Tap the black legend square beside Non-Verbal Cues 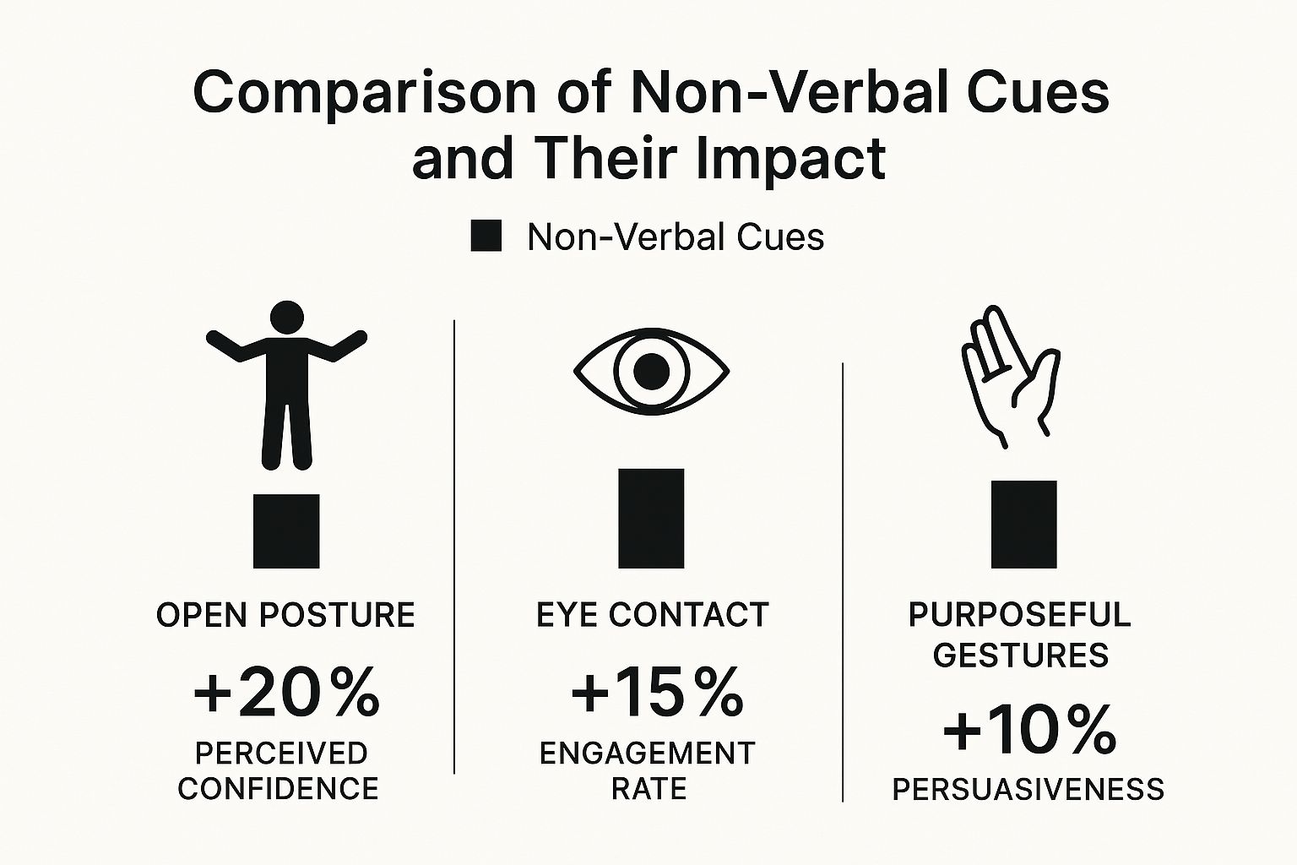[x=486, y=237]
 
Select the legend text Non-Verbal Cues [x=676, y=237]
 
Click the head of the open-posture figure [x=286, y=318]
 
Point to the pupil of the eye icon [x=651, y=371]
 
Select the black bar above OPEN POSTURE [x=286, y=530]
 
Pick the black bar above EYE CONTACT [x=651, y=518]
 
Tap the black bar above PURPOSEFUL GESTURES [x=1023, y=524]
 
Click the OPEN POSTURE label [x=285, y=615]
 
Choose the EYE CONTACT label [x=652, y=615]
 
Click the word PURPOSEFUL [x=1019, y=615]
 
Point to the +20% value [x=286, y=693]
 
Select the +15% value [x=657, y=693]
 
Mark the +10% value [x=1029, y=731]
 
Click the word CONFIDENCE [x=278, y=789]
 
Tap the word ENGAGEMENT [x=647, y=753]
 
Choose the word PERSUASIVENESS [x=1028, y=790]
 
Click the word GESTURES [x=1020, y=656]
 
